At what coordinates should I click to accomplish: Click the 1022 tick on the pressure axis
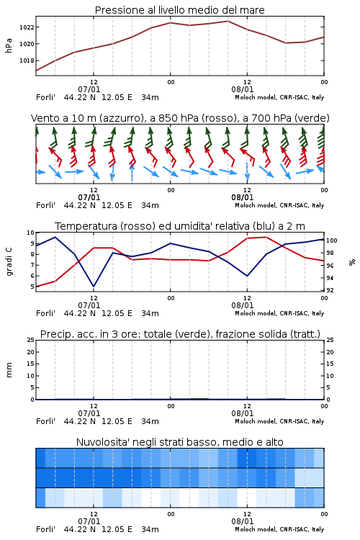27,27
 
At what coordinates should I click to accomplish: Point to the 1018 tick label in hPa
27,60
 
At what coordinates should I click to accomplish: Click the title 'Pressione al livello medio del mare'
180,10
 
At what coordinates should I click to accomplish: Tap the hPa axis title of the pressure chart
9,45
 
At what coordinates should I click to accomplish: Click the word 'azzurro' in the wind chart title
120,118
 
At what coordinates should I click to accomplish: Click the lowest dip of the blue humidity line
94,286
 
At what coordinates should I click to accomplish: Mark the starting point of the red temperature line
36,287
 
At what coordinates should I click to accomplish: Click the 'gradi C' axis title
9,261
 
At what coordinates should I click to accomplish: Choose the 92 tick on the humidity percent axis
330,290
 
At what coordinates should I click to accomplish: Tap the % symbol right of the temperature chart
352,262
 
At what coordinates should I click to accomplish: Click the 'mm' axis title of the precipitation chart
9,370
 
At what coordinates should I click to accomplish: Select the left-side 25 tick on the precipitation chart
31,340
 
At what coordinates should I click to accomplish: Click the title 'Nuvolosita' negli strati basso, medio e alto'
180,442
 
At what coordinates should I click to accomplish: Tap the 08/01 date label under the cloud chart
243,521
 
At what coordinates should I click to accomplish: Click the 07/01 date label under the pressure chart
89,89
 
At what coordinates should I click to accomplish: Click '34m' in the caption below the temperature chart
150,313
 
